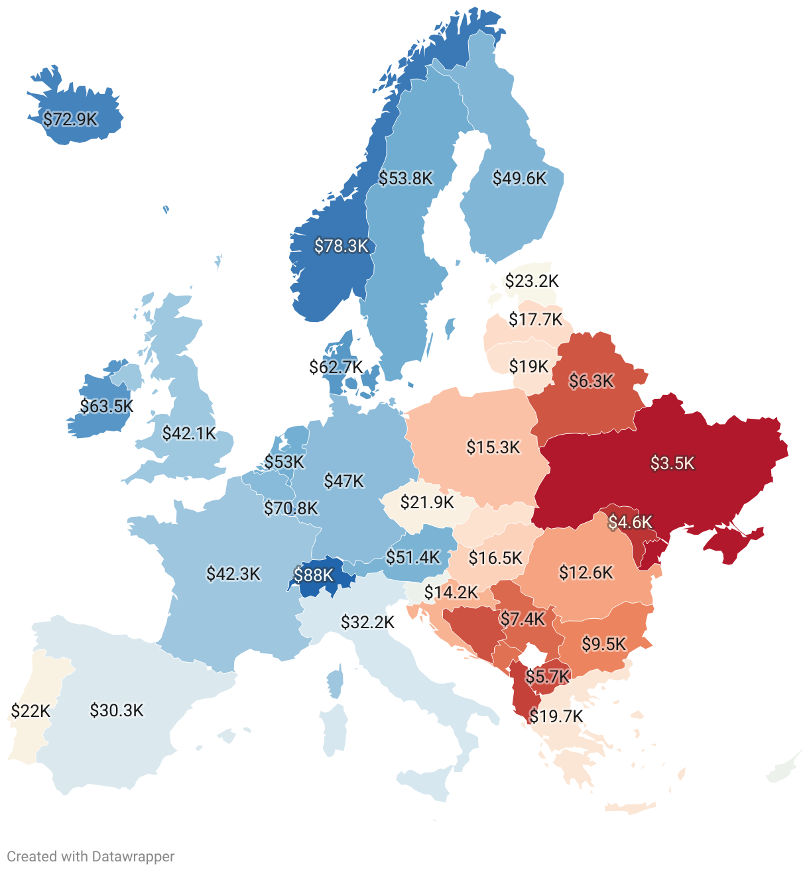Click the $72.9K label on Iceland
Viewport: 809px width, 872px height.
pos(70,119)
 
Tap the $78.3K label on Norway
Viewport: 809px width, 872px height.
pos(341,246)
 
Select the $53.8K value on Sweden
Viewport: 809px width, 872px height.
pos(406,178)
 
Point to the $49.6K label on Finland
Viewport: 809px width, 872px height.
pos(520,178)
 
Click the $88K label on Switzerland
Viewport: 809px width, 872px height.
pos(314,575)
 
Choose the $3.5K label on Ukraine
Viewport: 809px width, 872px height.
pos(672,463)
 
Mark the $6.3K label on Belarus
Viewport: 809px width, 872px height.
pos(591,381)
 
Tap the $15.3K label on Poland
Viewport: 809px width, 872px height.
pos(493,447)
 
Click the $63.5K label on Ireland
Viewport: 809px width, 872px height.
pos(107,406)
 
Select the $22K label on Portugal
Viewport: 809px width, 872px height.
pos(31,711)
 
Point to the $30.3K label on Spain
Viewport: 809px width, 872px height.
pos(117,710)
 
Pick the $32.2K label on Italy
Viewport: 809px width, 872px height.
pos(367,622)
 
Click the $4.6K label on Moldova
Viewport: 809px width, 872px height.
pos(631,522)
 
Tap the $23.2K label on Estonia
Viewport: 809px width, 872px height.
pos(532,281)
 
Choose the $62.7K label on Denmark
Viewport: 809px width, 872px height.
pos(336,366)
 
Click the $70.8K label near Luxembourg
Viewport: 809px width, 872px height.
pos(291,508)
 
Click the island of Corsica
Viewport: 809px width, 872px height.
pos(336,682)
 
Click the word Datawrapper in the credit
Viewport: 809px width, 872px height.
pos(133,856)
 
